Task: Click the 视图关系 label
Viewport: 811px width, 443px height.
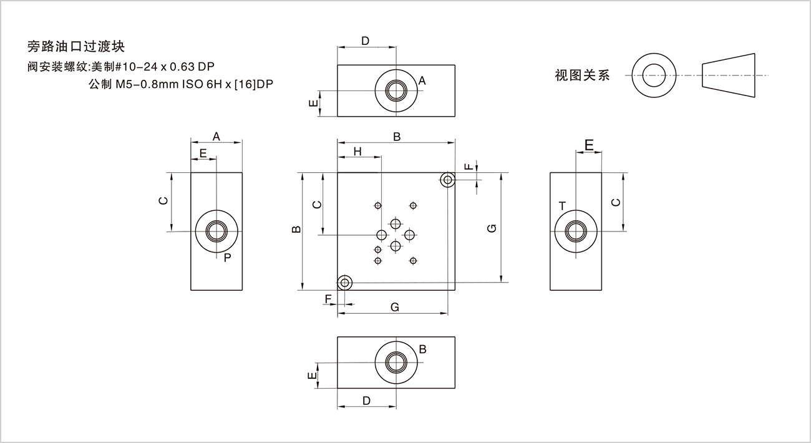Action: (582, 76)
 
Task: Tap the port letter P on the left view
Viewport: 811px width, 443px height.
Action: (227, 256)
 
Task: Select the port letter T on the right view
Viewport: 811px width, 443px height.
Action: (562, 206)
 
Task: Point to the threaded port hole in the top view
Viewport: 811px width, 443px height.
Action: (396, 90)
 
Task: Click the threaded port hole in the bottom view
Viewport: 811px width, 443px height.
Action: (396, 363)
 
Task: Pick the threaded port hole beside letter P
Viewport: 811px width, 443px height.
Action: (216, 231)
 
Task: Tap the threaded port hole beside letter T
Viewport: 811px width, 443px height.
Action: (575, 231)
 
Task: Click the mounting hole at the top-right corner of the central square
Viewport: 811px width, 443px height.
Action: (447, 180)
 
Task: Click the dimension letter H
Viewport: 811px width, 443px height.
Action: (357, 151)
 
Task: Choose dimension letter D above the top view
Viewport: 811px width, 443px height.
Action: (366, 41)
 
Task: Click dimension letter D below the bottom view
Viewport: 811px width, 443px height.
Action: (366, 400)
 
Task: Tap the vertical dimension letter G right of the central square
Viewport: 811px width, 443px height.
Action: (492, 228)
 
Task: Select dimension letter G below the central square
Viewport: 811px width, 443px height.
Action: (394, 306)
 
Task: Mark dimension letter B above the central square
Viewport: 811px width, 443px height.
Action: (396, 137)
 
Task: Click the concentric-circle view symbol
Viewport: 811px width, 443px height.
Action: (654, 75)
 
